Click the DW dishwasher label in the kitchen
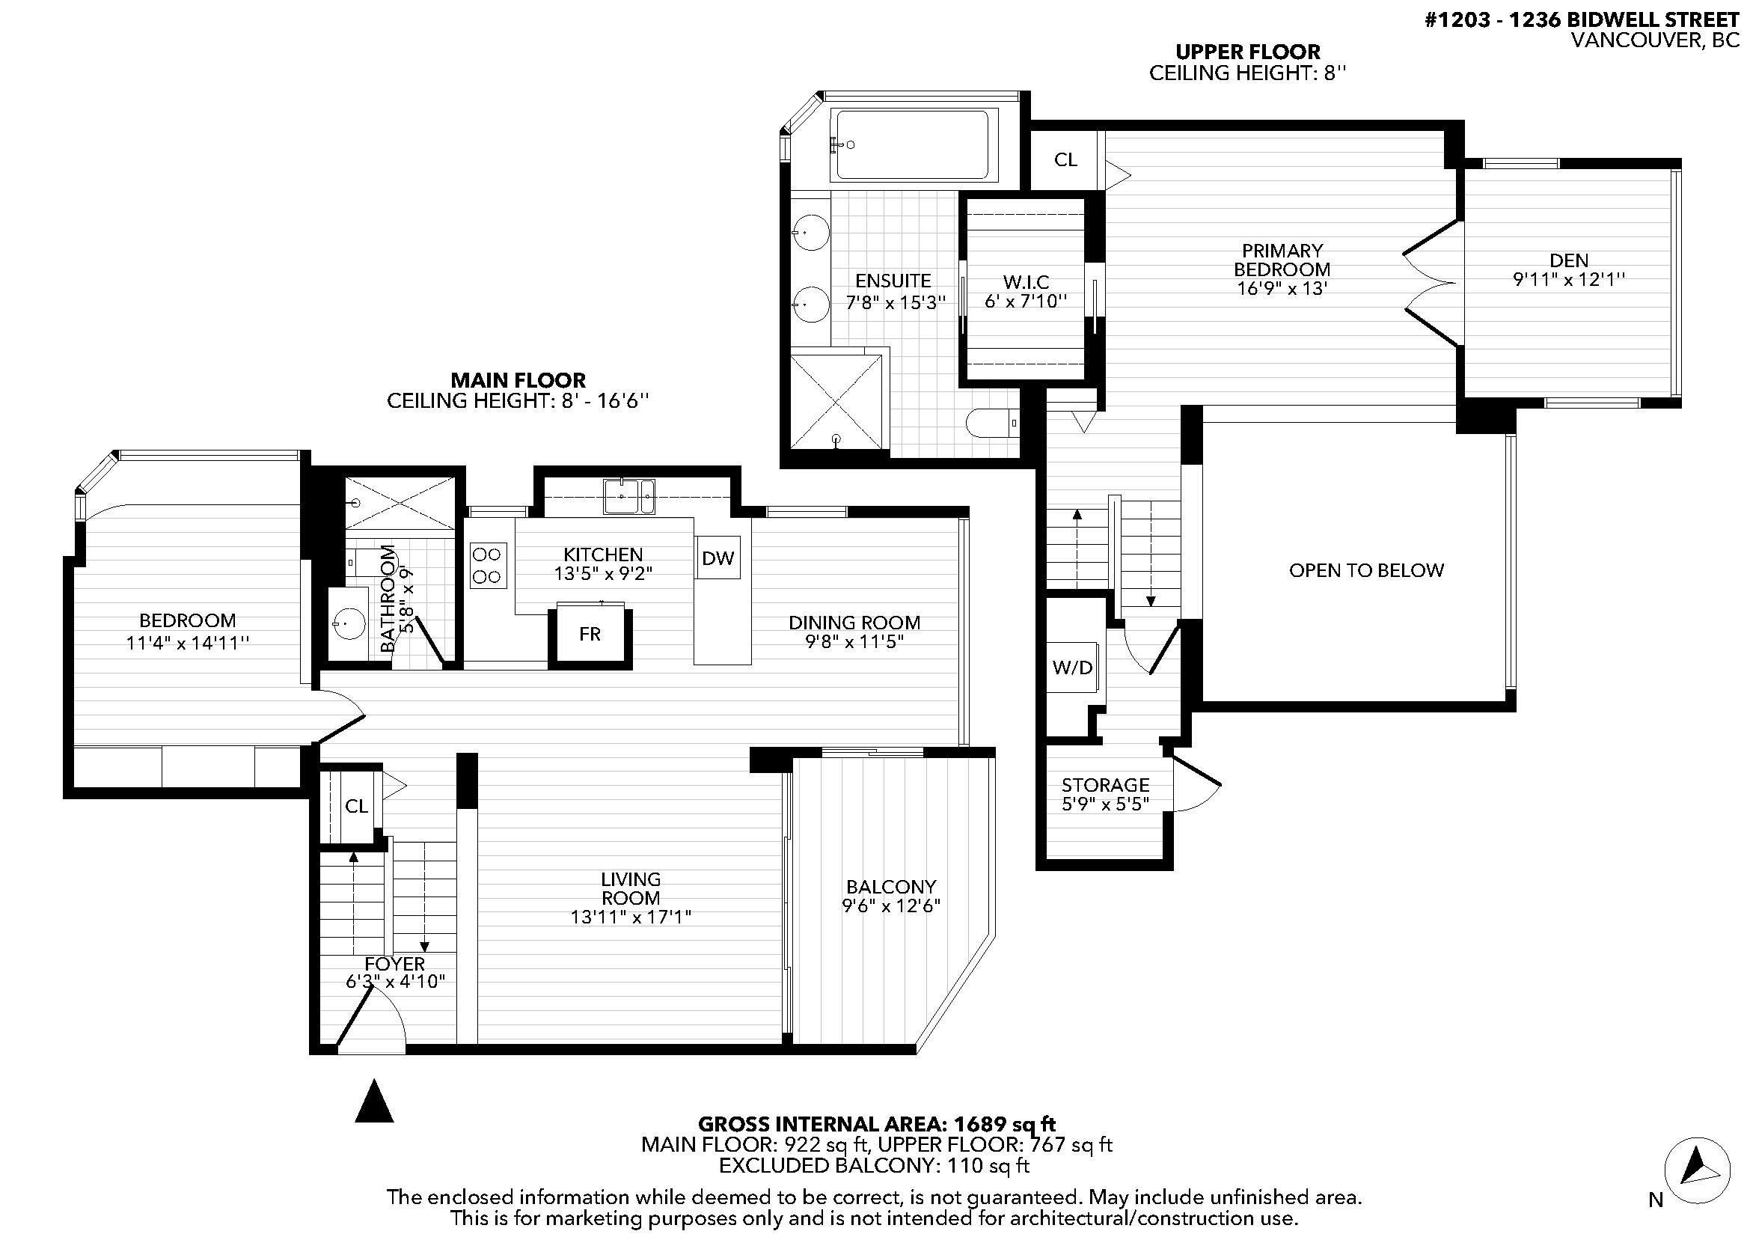click(718, 558)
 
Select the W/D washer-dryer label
click(1072, 668)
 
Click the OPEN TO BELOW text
click(1366, 570)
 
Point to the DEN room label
click(1569, 260)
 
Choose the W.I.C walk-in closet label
click(1025, 282)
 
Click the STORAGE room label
click(1105, 784)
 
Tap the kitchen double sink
click(628, 496)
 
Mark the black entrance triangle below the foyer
click(374, 1101)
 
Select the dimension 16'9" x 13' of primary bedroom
click(1283, 288)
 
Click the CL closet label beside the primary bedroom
click(1065, 159)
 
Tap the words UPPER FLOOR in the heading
click(1248, 52)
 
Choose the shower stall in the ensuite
click(836, 401)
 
